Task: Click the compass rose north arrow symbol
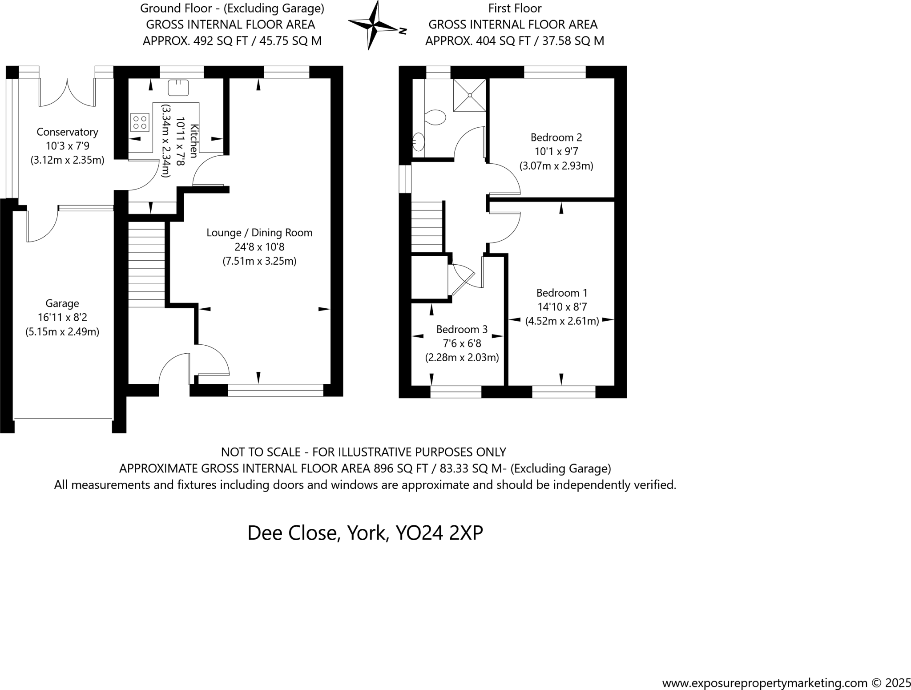click(x=377, y=25)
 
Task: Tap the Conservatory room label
click(x=67, y=132)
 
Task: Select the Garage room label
click(x=62, y=303)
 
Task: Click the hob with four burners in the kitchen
click(x=140, y=122)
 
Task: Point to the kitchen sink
click(x=178, y=88)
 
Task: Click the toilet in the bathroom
click(x=435, y=118)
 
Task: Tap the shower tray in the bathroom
click(x=470, y=95)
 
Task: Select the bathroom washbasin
click(x=419, y=142)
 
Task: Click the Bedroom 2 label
click(x=556, y=137)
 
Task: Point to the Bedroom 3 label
click(x=462, y=330)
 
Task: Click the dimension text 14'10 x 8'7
click(x=562, y=307)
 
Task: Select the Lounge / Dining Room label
click(x=259, y=233)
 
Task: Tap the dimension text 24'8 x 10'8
click(x=259, y=247)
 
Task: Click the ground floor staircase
click(x=147, y=265)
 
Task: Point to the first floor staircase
click(x=427, y=227)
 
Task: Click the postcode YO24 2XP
click(x=439, y=533)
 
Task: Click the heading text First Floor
click(x=515, y=8)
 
